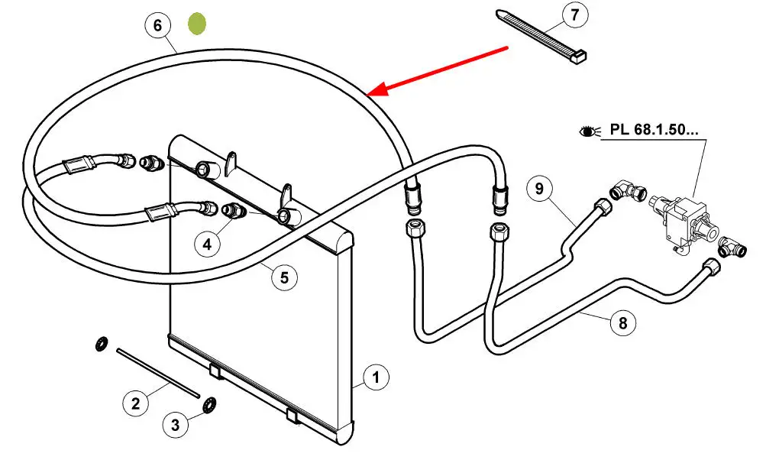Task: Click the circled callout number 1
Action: (x=376, y=377)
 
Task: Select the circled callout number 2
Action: (x=135, y=403)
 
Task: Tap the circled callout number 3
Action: (x=176, y=425)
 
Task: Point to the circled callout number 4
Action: (x=207, y=244)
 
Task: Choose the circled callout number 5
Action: (x=284, y=277)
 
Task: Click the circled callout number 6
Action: (x=157, y=25)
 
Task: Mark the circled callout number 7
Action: (x=575, y=15)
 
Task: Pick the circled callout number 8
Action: (x=623, y=323)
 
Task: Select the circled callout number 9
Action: (x=539, y=189)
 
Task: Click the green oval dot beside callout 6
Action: (x=197, y=24)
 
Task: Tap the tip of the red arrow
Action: (x=367, y=94)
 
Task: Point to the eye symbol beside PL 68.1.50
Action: (x=589, y=131)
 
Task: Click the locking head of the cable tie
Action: (x=580, y=57)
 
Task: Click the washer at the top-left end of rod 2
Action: (x=102, y=344)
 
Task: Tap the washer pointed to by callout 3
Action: (x=209, y=405)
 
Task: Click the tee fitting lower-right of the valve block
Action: (x=732, y=247)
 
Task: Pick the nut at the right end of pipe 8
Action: (x=713, y=268)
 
